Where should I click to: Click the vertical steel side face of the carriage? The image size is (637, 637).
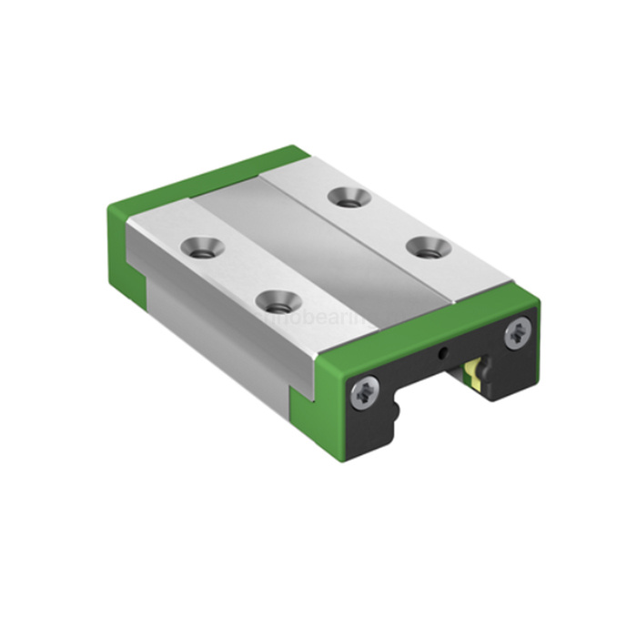(x=218, y=328)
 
